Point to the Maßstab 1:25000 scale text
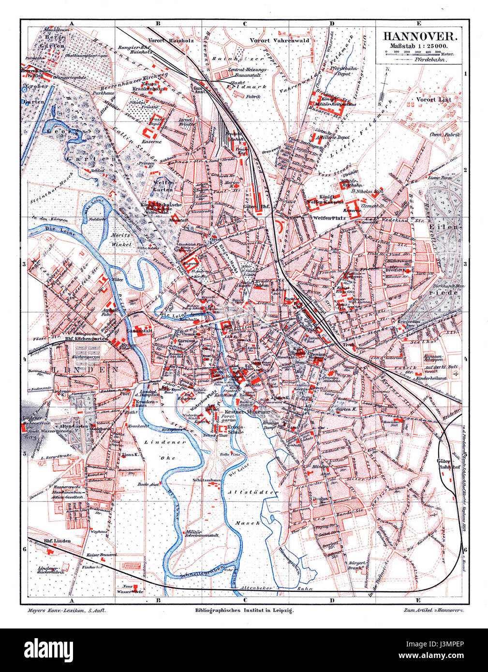click(418, 45)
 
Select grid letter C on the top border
click(244, 23)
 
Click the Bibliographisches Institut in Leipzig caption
click(243, 610)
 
